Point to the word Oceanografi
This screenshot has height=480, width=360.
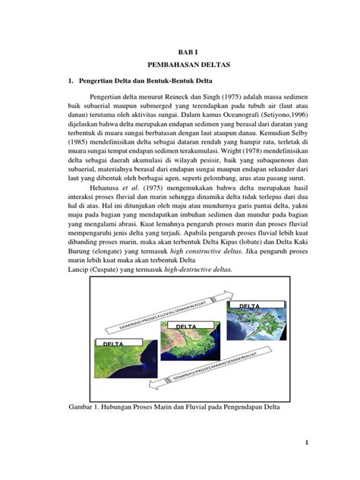(x=191, y=118)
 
